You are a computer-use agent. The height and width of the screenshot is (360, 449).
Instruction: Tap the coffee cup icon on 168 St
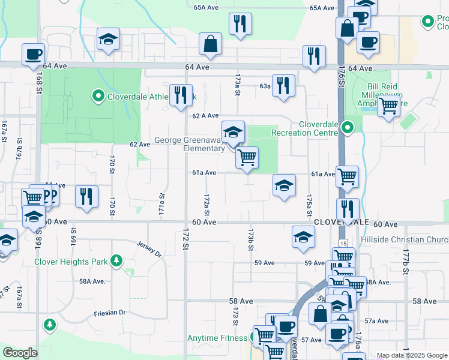(x=34, y=55)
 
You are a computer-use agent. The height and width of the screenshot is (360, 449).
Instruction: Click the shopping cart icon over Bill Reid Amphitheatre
(x=389, y=107)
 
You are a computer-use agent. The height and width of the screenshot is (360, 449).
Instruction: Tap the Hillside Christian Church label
(x=405, y=240)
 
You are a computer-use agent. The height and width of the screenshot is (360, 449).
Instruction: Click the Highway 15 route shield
(x=343, y=242)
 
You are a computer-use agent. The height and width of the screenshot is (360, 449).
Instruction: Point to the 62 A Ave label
(x=205, y=115)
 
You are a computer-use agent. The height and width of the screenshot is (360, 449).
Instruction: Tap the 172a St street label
(x=206, y=205)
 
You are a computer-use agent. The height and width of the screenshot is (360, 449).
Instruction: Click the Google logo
(x=20, y=353)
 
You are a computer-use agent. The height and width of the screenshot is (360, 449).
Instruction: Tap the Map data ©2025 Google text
(x=412, y=355)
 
